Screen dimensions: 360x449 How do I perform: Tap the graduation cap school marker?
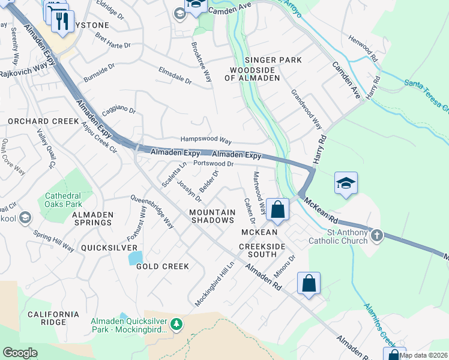tap(346, 184)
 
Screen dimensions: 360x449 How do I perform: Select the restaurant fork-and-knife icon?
tap(62, 22)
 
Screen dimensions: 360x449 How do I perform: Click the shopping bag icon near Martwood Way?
tap(277, 210)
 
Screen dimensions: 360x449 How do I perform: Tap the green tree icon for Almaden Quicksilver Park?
tap(176, 325)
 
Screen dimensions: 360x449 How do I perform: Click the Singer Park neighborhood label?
tap(264, 60)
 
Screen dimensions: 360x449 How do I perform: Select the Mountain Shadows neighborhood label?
tap(212, 216)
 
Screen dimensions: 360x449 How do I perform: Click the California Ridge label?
tap(53, 318)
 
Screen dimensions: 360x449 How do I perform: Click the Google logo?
tap(20, 353)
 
